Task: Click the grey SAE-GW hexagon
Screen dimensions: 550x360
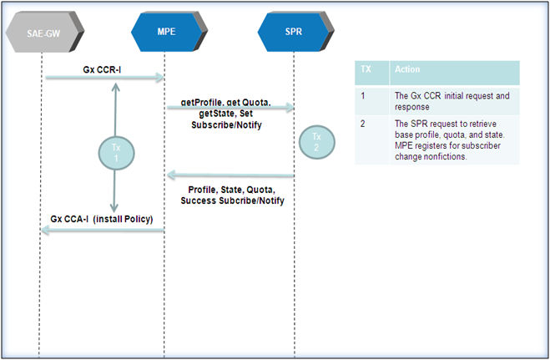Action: coord(44,33)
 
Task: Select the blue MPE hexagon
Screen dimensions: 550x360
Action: coord(169,32)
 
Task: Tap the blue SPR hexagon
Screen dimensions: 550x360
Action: coord(295,32)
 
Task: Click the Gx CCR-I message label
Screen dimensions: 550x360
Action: coord(102,69)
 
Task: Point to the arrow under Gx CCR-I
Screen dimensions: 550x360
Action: coord(104,77)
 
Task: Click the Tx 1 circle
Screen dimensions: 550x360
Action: coord(116,154)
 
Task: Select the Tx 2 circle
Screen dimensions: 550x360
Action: coord(317,142)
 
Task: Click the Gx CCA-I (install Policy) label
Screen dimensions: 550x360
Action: coord(102,219)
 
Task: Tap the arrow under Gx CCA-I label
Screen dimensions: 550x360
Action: coord(103,231)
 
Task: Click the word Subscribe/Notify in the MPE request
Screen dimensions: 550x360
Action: coord(226,125)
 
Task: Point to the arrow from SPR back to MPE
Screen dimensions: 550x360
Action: coord(230,175)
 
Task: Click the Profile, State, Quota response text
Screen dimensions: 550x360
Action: coord(231,190)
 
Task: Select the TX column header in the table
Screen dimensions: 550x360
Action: coord(366,69)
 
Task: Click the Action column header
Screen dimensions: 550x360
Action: coord(407,69)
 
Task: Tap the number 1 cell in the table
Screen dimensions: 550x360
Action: coord(363,95)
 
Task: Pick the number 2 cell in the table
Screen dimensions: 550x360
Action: coord(363,124)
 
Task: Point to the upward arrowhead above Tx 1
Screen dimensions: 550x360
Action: coord(115,87)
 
